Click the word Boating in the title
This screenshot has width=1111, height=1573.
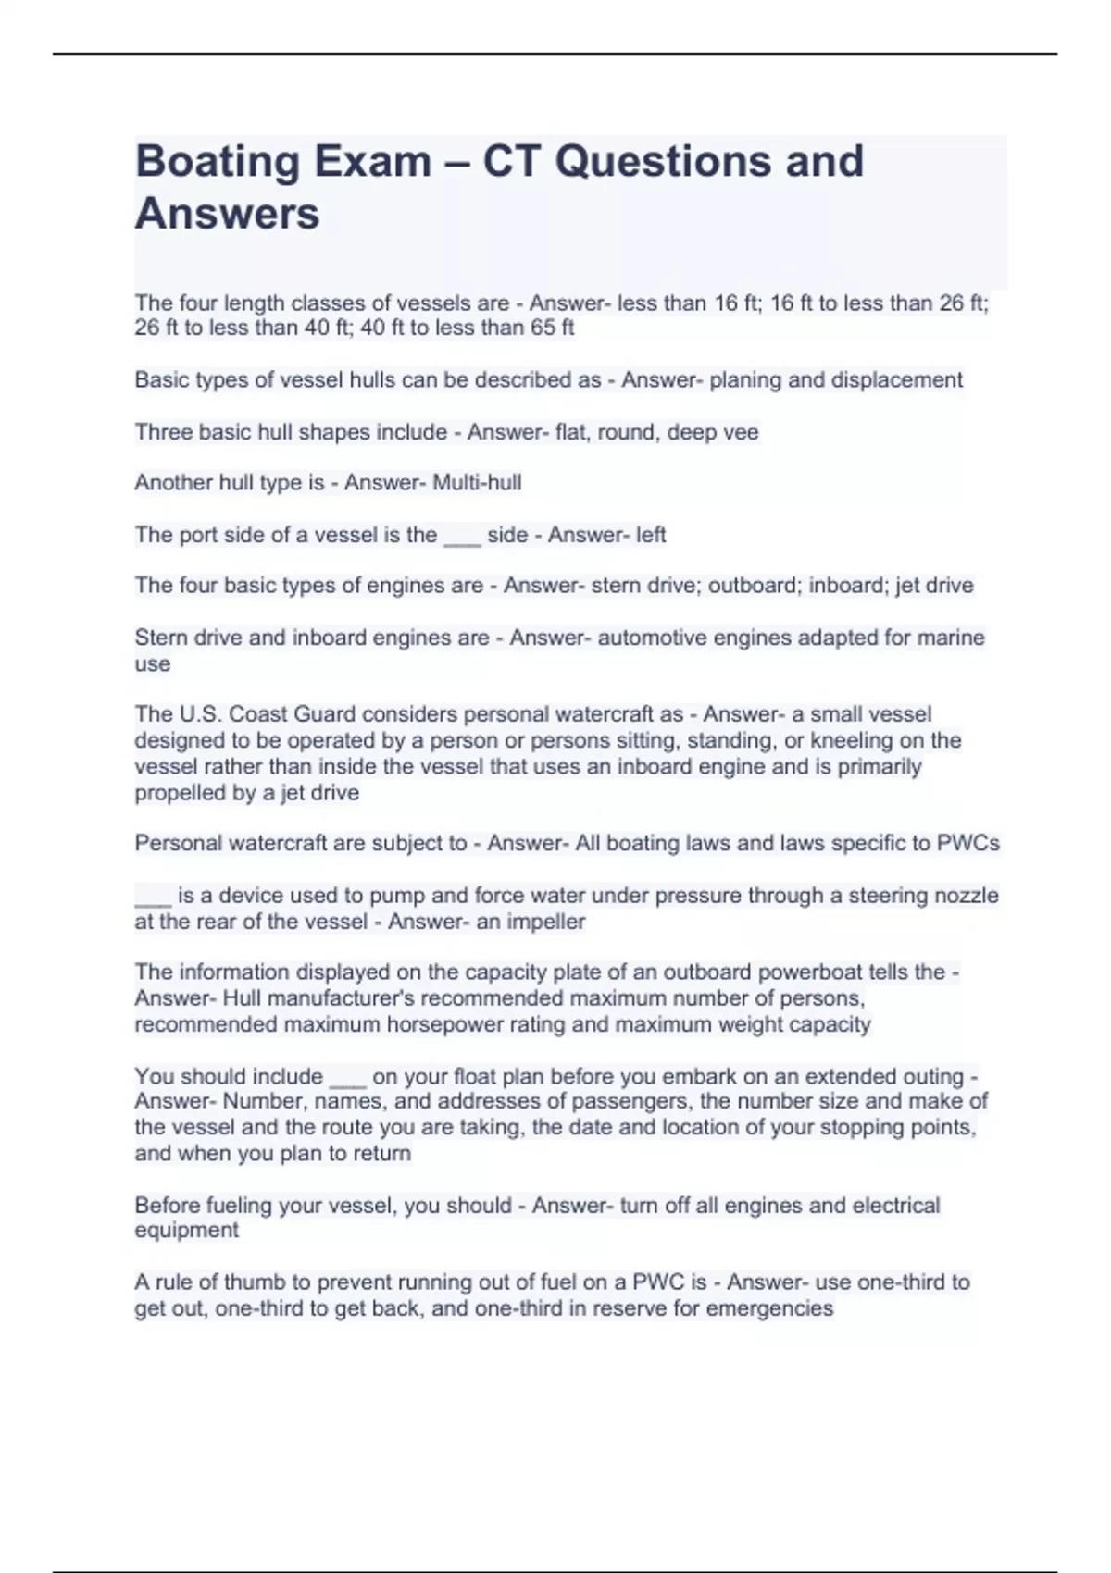tap(218, 162)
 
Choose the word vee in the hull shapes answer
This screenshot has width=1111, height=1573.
tap(742, 432)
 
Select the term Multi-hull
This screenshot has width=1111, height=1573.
tap(477, 483)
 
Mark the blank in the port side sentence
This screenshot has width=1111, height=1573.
tap(462, 536)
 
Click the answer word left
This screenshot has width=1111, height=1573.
tap(651, 535)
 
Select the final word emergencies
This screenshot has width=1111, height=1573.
tap(769, 1308)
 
